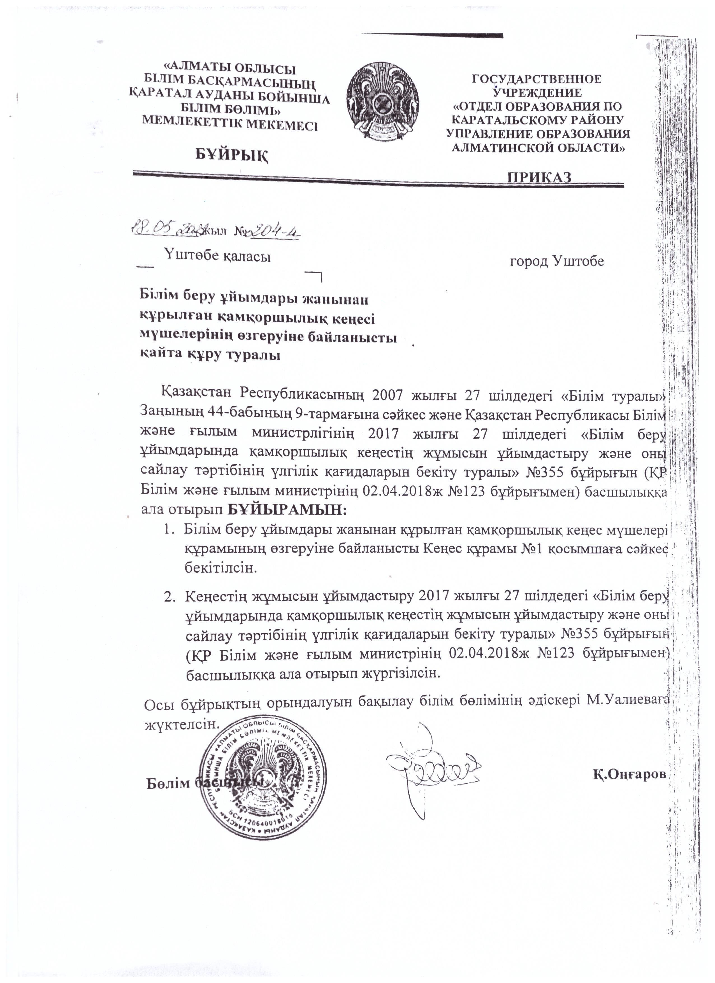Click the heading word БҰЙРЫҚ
click(x=231, y=154)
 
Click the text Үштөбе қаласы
click(x=217, y=257)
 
